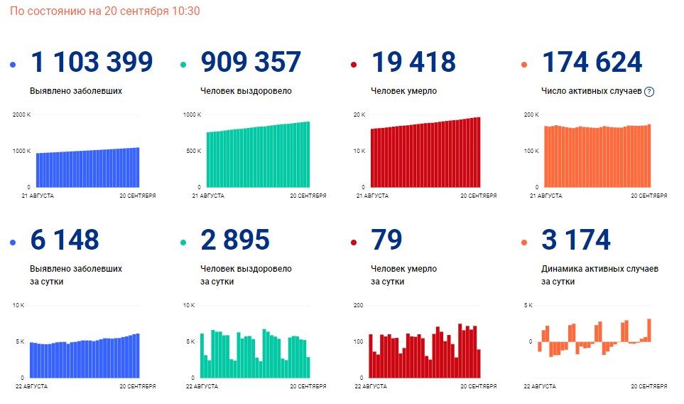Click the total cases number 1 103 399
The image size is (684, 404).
point(92,62)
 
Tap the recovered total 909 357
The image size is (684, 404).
point(251,62)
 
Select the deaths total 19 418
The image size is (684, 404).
point(413,62)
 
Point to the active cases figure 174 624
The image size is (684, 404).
point(592,62)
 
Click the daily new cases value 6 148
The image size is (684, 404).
point(65,240)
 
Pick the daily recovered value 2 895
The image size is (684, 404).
point(235,240)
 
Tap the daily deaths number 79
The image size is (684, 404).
point(386,240)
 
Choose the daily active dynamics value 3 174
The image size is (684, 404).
point(576,240)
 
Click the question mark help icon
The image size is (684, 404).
point(649,92)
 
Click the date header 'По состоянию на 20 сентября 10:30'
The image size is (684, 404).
point(104,11)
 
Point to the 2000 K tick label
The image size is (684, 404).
point(22,115)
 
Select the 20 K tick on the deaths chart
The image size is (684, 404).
point(359,115)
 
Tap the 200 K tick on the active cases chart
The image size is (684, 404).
point(531,115)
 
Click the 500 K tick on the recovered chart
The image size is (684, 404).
point(194,151)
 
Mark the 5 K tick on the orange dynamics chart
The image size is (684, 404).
point(528,305)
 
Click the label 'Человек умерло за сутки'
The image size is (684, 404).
point(403,275)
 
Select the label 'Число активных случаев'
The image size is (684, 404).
point(592,91)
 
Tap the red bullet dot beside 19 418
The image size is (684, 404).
point(354,65)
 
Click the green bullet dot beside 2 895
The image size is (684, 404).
point(183,243)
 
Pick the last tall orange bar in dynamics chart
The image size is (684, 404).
point(649,330)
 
